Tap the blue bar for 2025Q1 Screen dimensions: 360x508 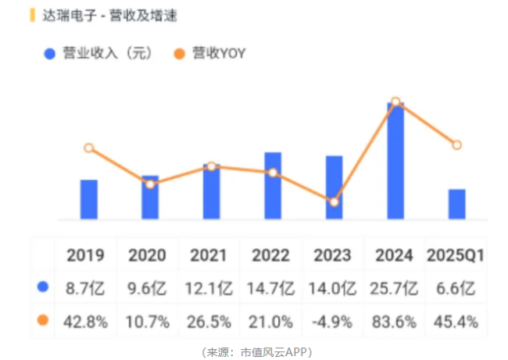coord(456,204)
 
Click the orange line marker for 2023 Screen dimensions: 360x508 coord(334,202)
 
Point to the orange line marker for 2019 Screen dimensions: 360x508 coord(89,148)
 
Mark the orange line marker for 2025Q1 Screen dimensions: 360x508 coord(456,145)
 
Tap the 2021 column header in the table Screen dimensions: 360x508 coord(209,255)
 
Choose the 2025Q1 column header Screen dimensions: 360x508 coord(456,255)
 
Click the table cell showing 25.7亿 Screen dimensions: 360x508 coord(395,288)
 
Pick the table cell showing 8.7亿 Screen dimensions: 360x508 coord(86,288)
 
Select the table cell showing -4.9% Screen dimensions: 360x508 coord(333,321)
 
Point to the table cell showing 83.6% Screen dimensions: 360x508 coord(395,321)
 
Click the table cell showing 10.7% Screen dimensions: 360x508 coord(148,321)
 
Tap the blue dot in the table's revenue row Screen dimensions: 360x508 coord(43,287)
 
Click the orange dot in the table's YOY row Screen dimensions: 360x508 coord(43,320)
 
